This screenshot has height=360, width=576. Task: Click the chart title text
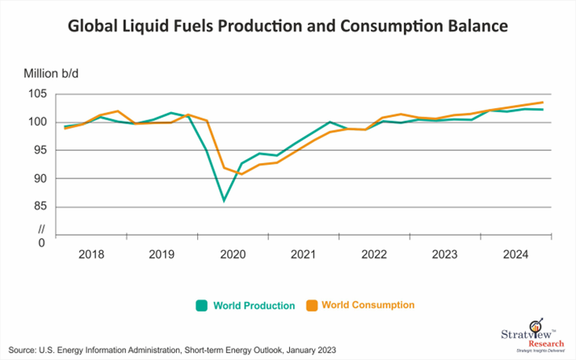click(288, 27)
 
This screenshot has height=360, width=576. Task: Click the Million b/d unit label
click(46, 73)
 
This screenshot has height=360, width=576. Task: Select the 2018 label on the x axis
click(91, 254)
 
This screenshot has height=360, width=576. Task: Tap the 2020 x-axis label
click(233, 254)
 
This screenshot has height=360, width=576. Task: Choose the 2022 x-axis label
click(374, 254)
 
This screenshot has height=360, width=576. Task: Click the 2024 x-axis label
click(515, 254)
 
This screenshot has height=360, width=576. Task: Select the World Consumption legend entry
click(360, 305)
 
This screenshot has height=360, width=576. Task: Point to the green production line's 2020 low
click(224, 200)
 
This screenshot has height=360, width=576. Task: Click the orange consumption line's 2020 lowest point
click(242, 174)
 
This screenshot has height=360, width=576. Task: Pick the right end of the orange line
click(541, 103)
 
